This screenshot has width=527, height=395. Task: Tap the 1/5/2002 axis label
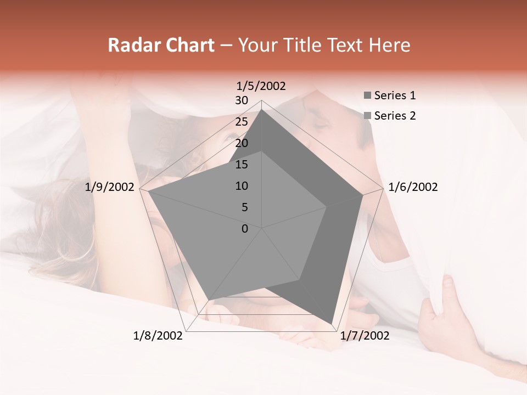click(x=261, y=86)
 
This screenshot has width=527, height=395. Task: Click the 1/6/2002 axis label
click(x=413, y=187)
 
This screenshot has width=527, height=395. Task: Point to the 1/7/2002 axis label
click(x=365, y=336)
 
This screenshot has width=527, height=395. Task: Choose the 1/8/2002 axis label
click(x=158, y=336)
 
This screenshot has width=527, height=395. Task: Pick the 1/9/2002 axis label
click(x=109, y=187)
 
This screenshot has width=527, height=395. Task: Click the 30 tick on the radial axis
click(x=242, y=100)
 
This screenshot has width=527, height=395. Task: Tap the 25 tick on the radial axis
click(x=242, y=122)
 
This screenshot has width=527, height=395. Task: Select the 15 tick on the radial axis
click(x=242, y=165)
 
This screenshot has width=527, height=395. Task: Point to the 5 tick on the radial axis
click(x=244, y=207)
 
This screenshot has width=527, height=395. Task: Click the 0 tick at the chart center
click(x=245, y=229)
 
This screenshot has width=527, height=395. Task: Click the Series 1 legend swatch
click(x=367, y=95)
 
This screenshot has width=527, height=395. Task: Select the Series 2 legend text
click(x=395, y=116)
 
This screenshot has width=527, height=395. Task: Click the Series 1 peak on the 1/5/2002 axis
click(x=262, y=109)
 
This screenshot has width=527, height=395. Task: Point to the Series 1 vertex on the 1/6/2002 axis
click(x=363, y=195)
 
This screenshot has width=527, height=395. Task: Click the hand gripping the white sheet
click(x=445, y=313)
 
